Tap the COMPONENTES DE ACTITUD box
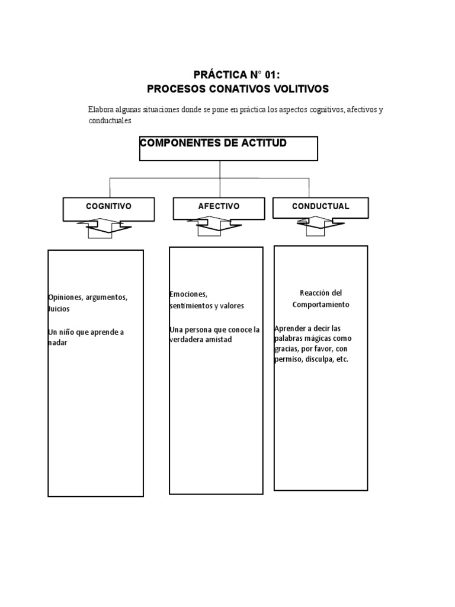(229, 149)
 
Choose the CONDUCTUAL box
(321, 207)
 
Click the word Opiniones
(65, 297)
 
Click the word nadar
(57, 343)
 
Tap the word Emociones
(188, 294)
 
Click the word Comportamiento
(321, 304)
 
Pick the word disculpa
(319, 360)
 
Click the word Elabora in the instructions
(100, 110)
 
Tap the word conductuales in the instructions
(110, 120)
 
